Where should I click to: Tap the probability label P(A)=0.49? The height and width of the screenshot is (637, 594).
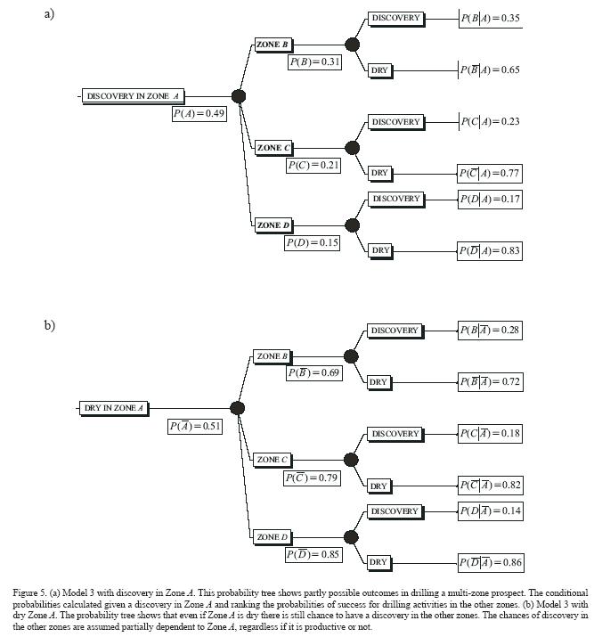(199, 114)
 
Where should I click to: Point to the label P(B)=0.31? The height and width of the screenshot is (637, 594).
(314, 62)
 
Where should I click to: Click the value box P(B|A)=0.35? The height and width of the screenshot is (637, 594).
(490, 18)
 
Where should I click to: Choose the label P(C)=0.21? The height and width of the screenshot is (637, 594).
(313, 166)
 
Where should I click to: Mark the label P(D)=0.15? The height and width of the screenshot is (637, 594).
(312, 242)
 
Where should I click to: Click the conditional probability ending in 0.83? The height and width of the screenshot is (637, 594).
(489, 251)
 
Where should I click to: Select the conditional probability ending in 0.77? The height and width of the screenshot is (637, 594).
(489, 174)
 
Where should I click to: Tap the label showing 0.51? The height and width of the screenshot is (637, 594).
(195, 426)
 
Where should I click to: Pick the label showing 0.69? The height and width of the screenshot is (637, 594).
(313, 373)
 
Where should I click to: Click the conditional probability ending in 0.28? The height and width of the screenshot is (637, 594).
(489, 331)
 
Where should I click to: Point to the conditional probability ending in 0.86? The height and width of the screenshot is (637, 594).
(490, 563)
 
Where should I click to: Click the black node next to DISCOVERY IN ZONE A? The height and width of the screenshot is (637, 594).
(238, 96)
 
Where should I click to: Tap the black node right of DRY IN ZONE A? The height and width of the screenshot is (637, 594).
(237, 408)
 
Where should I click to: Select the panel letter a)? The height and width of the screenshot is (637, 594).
(50, 13)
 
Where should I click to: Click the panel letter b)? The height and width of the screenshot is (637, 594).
(50, 325)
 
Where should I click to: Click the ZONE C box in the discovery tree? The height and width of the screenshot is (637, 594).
(273, 148)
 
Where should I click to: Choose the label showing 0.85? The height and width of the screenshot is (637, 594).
(313, 555)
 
